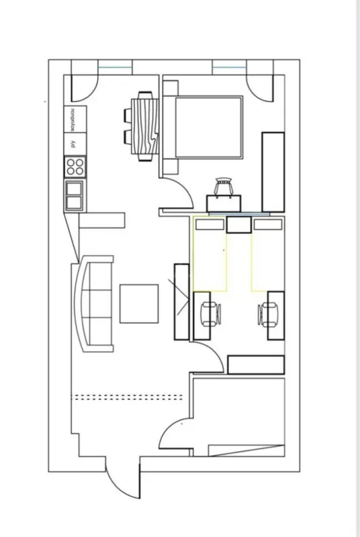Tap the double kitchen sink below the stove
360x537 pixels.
[x=75, y=195]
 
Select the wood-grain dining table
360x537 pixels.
[x=143, y=127]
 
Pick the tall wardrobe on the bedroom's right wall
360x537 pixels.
[x=273, y=172]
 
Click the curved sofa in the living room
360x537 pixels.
[x=94, y=305]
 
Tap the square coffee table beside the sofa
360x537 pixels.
[x=139, y=304]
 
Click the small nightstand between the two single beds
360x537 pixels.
[x=238, y=224]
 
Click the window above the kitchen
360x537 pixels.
[x=115, y=66]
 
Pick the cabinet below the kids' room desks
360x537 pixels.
[x=255, y=364]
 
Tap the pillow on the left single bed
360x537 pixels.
[x=210, y=225]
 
